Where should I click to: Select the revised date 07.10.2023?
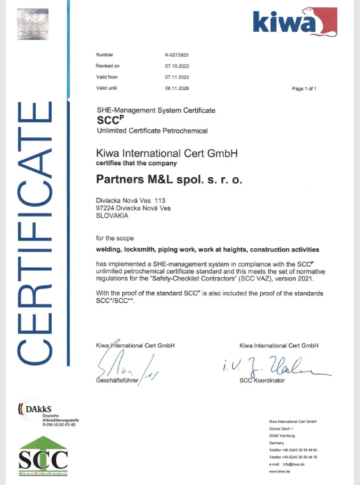(177, 66)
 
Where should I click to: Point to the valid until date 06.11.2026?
(177, 88)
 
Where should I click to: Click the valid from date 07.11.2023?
(177, 77)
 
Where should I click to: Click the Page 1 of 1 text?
(304, 89)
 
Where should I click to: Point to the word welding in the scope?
(109, 248)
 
